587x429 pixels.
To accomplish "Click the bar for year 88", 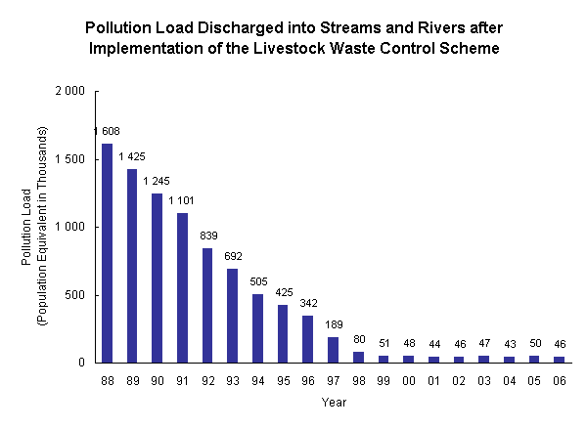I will coord(107,253).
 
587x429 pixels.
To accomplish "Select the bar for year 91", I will coord(183,287).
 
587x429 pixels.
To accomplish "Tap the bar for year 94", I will coord(258,328).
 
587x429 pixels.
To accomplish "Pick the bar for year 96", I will coord(308,339).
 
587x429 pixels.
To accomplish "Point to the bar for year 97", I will coord(334,350).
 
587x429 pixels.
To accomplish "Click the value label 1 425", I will coord(132,155).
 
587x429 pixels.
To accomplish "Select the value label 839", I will coord(207,236).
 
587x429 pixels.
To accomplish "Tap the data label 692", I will coord(233,255).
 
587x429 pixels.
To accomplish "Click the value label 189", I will coord(334,324).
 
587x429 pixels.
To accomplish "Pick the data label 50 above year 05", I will coord(535,343).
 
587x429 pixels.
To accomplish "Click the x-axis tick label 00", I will coord(409,379).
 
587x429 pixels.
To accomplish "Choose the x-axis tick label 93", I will coord(233,379).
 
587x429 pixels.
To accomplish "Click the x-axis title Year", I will coord(334,402).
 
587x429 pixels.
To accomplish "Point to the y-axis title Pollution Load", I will coord(27,228).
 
